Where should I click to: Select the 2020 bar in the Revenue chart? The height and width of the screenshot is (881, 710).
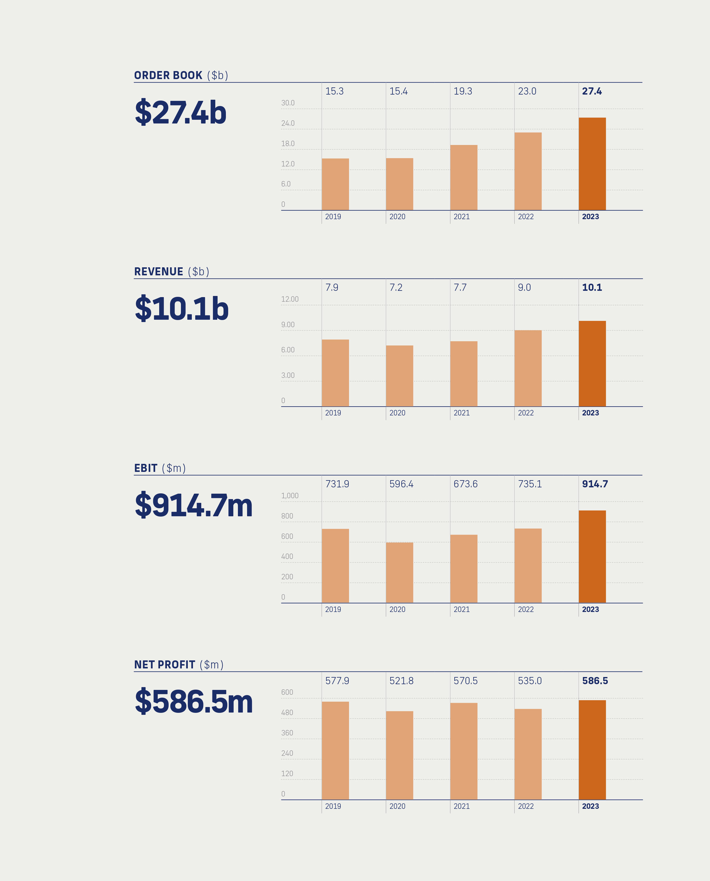[x=399, y=376]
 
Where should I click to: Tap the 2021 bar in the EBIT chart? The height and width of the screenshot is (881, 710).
[x=464, y=568]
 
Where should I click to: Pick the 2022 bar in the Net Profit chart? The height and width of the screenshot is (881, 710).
[x=528, y=754]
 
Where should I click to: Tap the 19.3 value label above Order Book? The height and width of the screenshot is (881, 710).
[x=463, y=91]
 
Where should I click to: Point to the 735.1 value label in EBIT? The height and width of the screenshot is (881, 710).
[x=530, y=484]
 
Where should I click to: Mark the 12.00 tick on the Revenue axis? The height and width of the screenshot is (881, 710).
[x=289, y=299]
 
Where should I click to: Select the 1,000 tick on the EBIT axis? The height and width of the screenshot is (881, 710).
[x=289, y=496]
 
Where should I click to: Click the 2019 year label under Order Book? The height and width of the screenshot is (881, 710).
[x=333, y=217]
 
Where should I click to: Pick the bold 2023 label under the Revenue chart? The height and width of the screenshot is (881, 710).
[x=590, y=413]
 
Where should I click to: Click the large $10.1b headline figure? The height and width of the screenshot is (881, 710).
[x=181, y=309]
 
